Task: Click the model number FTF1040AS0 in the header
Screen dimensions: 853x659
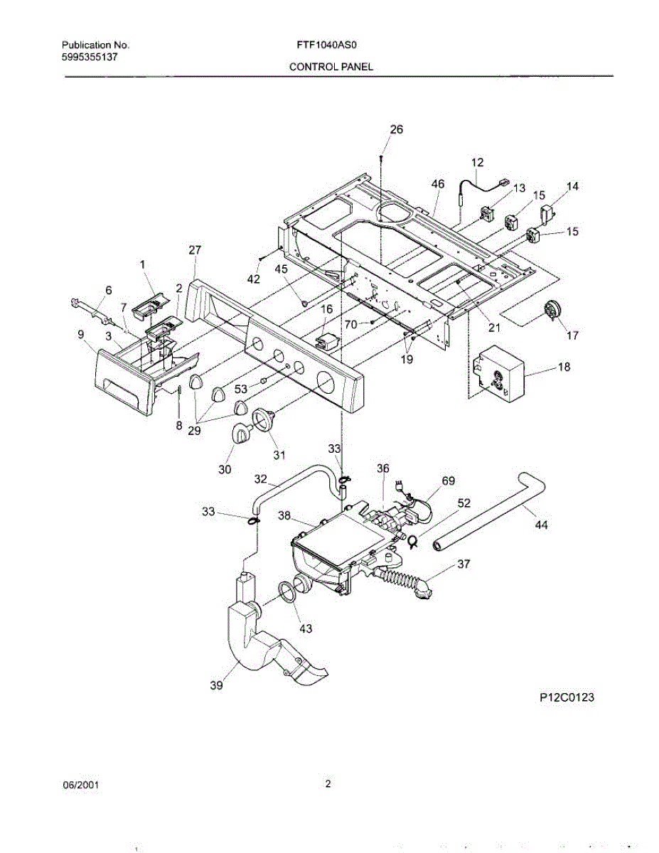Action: click(326, 44)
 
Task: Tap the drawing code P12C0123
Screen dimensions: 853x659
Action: click(565, 697)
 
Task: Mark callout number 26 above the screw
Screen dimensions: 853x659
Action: click(396, 129)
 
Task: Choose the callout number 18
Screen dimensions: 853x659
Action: click(564, 367)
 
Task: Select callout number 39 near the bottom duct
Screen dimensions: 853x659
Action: click(216, 685)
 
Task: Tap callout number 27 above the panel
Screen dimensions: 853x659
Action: click(195, 250)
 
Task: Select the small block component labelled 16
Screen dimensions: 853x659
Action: click(327, 341)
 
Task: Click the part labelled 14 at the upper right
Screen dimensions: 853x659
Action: click(547, 213)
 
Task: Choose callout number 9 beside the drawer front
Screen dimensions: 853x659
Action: click(80, 334)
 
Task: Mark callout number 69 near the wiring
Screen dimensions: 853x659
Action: click(448, 481)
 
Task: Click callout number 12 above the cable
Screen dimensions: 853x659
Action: click(476, 162)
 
